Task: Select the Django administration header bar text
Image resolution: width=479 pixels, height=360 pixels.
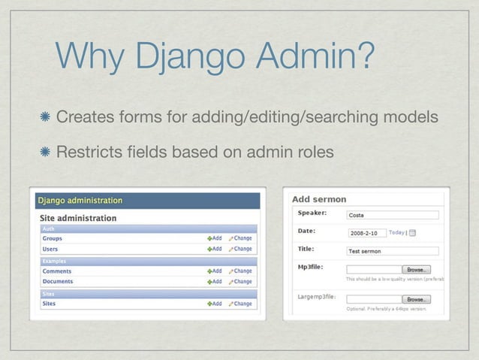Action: point(80,201)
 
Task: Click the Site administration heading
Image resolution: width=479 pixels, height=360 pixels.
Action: point(78,218)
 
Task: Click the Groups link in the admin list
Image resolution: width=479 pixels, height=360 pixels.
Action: point(52,238)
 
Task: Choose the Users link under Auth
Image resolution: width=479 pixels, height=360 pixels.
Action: point(50,249)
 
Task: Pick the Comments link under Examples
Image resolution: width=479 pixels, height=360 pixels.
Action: point(56,271)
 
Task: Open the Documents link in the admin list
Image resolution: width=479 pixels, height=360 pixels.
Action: point(58,281)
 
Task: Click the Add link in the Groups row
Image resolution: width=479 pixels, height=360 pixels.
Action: point(215,238)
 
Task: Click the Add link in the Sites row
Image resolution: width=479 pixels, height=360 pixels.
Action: point(215,304)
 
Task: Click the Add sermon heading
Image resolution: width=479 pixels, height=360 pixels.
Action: point(319,199)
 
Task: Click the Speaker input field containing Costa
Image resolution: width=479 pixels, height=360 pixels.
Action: point(392,214)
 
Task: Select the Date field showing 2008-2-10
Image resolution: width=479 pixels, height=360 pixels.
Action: point(366,232)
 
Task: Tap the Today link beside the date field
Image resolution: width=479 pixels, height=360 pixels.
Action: point(396,232)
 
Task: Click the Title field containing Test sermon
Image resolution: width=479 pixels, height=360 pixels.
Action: point(392,250)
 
